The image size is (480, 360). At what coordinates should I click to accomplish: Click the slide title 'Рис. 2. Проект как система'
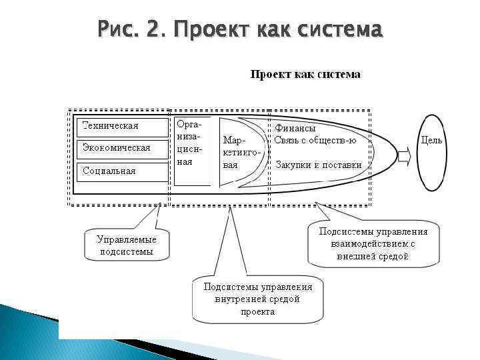pos(239,30)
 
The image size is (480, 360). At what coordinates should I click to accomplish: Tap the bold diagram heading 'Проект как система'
pos(305,75)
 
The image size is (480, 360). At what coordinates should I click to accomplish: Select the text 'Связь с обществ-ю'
pos(315,140)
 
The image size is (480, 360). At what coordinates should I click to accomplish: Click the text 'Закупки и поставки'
pos(319,165)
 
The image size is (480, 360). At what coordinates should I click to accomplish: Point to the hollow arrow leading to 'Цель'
pos(405,156)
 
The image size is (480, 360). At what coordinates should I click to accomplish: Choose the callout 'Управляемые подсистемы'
pos(126,245)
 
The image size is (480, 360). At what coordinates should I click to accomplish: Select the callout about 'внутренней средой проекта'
pos(257,299)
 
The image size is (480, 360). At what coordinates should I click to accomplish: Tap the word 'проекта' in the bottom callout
pos(257,311)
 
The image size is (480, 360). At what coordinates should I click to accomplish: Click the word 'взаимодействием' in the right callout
pos(368,244)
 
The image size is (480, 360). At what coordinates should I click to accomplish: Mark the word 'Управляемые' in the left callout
pos(126,239)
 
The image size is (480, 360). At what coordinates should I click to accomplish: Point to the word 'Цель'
pos(431,141)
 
